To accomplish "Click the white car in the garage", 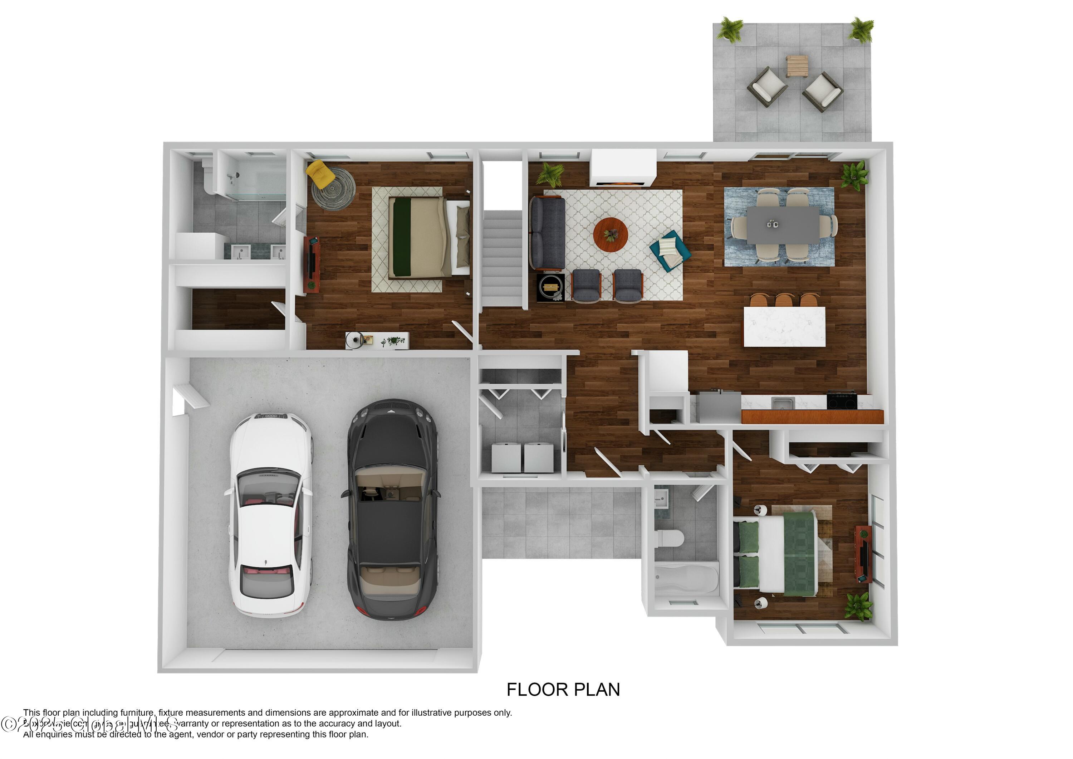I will coord(270,515).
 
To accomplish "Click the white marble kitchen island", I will coord(784,326).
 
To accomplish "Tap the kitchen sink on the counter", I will coord(783,403).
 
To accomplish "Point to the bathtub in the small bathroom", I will coord(686,579).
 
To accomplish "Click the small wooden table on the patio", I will coord(797,65).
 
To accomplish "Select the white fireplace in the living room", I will coord(622,167).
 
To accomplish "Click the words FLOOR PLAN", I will coord(563,689).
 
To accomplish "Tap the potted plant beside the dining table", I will coord(854,175).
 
